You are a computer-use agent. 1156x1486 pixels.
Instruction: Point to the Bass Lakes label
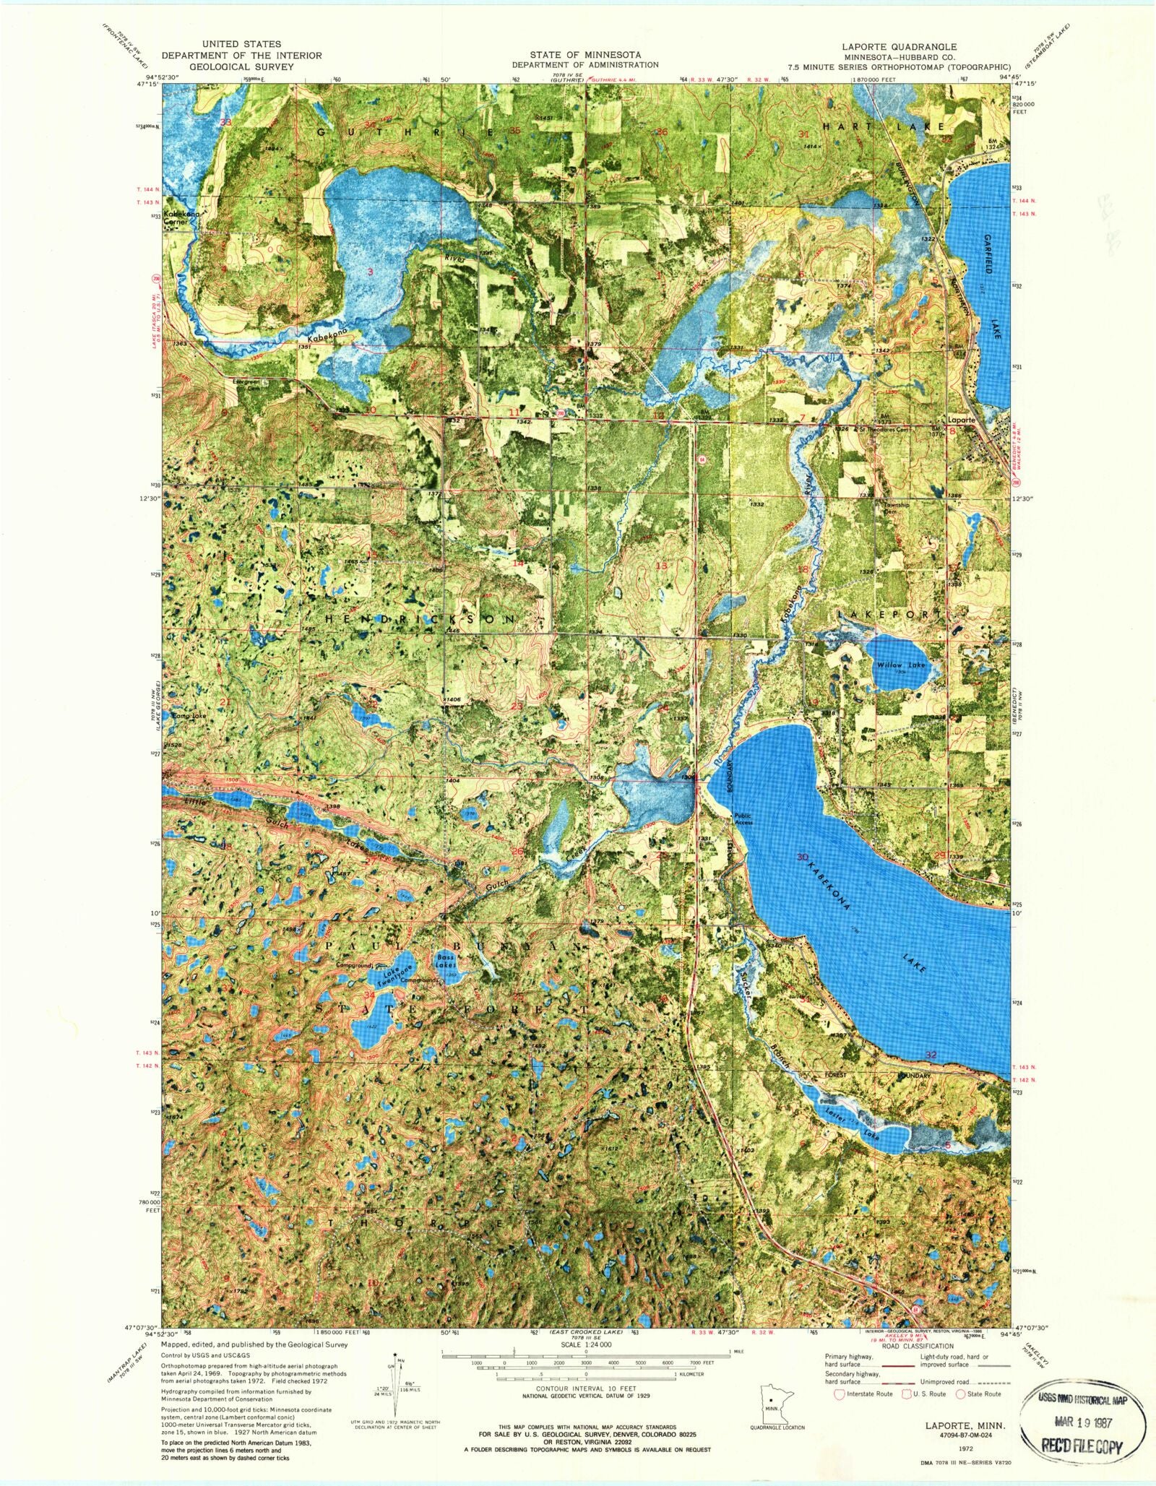(x=445, y=962)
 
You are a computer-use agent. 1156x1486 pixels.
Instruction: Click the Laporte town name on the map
(x=962, y=420)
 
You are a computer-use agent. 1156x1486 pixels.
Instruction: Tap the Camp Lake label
(x=189, y=716)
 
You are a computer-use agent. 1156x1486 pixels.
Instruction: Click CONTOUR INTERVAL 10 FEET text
(x=587, y=1388)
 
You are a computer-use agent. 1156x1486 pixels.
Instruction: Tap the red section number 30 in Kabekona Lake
(x=801, y=857)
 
